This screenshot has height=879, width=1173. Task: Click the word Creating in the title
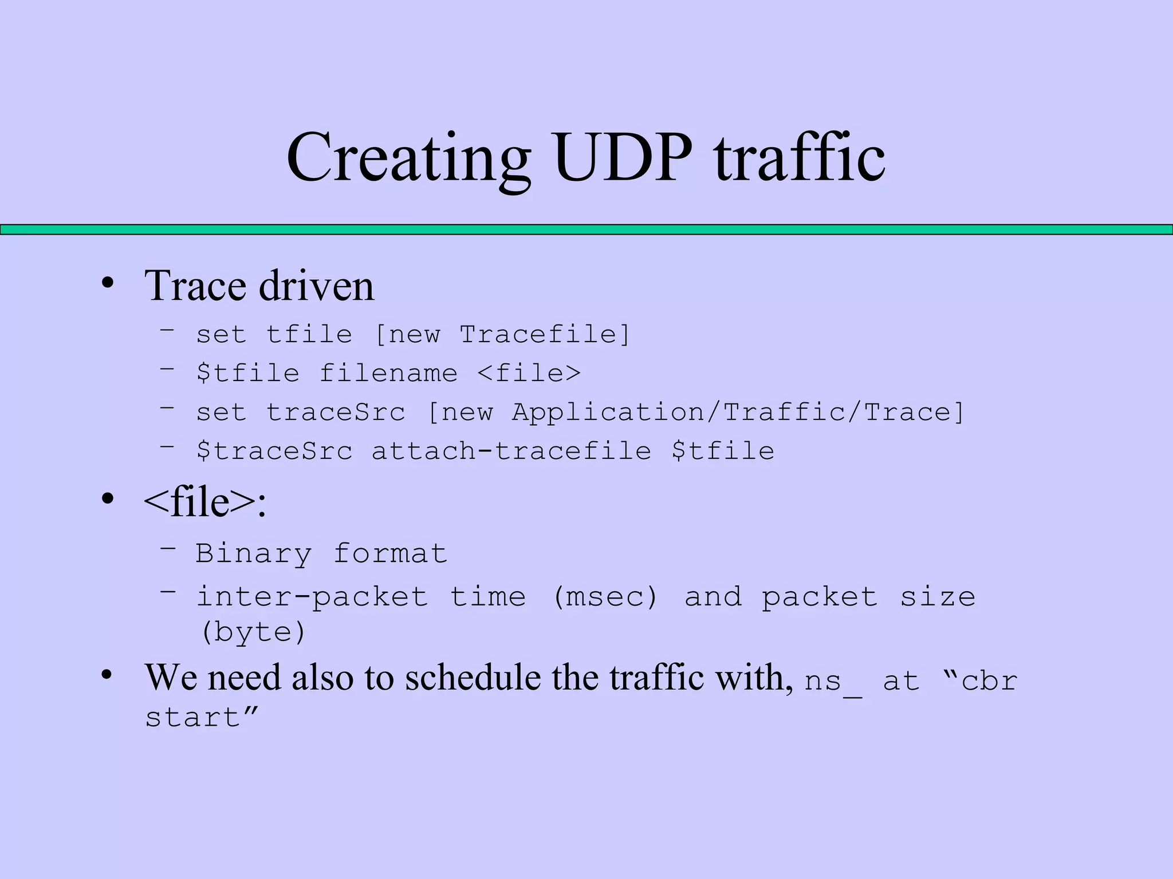[408, 158]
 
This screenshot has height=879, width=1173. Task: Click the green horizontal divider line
[586, 229]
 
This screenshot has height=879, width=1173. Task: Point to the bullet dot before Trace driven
[107, 283]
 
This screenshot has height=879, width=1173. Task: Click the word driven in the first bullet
[316, 286]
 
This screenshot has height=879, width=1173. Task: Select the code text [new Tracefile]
[502, 334]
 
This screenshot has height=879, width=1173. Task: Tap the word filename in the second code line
[388, 373]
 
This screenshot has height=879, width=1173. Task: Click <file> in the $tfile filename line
[529, 373]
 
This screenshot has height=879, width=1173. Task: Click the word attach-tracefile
[511, 451]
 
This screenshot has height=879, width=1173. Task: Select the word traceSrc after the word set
[336, 412]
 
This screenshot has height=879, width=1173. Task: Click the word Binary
[254, 553]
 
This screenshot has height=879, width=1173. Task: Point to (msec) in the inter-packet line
[605, 597]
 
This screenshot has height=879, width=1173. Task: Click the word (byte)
[253, 632]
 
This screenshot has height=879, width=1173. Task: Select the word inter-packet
[312, 597]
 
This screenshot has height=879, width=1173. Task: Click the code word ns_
[832, 682]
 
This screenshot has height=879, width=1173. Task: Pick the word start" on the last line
[202, 718]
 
